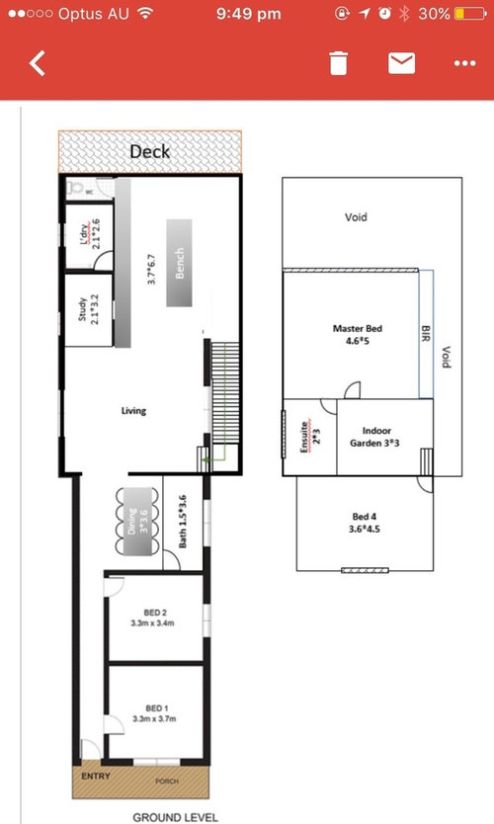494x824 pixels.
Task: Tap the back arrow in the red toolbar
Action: [x=37, y=63]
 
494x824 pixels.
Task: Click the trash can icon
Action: [x=339, y=63]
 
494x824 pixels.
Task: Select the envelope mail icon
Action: [x=401, y=63]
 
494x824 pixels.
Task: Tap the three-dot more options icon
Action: [x=465, y=63]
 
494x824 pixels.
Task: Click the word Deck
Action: [x=150, y=151]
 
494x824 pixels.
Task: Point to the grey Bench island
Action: [x=179, y=263]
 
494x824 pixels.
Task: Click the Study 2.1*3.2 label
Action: [x=88, y=309]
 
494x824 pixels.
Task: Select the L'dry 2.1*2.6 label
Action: [x=90, y=234]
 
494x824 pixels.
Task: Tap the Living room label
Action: [x=133, y=410]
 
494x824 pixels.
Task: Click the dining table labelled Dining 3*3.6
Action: [x=137, y=522]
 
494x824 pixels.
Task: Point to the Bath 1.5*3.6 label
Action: [x=183, y=522]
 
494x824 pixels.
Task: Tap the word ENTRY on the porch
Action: [x=96, y=776]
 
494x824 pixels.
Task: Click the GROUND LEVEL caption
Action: [x=175, y=817]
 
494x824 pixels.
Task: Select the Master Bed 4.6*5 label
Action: [x=358, y=335]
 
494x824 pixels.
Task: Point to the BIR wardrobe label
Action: [x=426, y=334]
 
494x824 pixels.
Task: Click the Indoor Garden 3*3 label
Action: [x=374, y=437]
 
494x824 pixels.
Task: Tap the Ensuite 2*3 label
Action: [x=310, y=436]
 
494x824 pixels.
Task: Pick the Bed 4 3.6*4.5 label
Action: [x=365, y=523]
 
